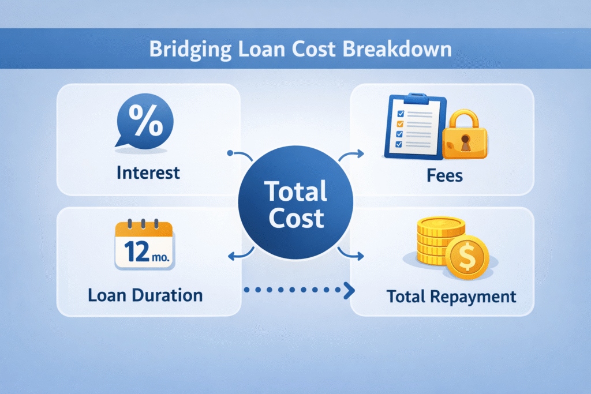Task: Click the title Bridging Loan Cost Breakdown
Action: pos(300,49)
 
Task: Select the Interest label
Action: pos(148,172)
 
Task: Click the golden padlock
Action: pos(465,138)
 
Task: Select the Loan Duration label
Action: pos(145,296)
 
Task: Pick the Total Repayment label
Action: pos(451,297)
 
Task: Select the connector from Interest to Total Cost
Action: pos(241,155)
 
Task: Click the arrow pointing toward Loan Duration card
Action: pos(240,254)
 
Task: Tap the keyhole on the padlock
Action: pos(465,144)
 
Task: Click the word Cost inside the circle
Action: pos(295,218)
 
